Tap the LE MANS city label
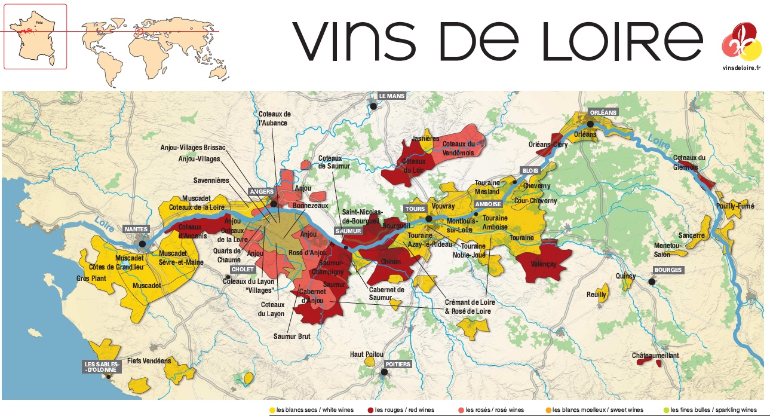(391, 96)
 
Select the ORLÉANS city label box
(603, 112)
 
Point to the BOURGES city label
(668, 270)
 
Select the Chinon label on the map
(391, 261)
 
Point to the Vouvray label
(443, 206)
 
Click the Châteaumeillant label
(655, 356)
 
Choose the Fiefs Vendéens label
(149, 361)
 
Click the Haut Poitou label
(366, 354)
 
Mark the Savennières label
(211, 180)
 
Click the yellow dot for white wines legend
(272, 410)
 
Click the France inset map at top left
(35, 36)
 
